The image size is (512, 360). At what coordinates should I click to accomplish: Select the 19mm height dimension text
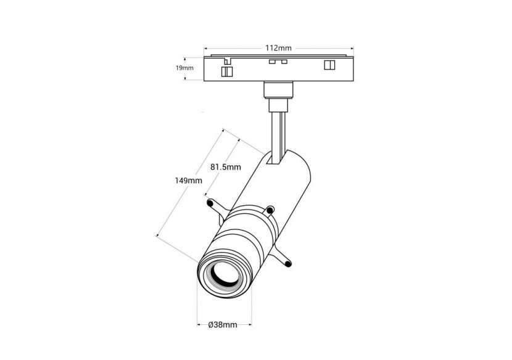tap(184, 68)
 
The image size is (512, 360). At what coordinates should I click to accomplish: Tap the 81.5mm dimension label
tap(225, 166)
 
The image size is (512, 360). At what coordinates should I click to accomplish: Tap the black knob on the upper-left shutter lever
tap(210, 201)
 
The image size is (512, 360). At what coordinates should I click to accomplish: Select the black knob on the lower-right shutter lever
tap(287, 265)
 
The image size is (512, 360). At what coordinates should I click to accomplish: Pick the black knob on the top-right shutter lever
tap(271, 210)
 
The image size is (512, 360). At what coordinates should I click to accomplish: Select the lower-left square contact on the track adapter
tap(227, 71)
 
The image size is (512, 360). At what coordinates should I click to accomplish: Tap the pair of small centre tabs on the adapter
tap(277, 62)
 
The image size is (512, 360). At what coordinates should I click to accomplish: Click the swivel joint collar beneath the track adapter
tap(278, 91)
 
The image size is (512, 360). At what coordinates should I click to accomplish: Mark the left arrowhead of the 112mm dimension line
tap(206, 47)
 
